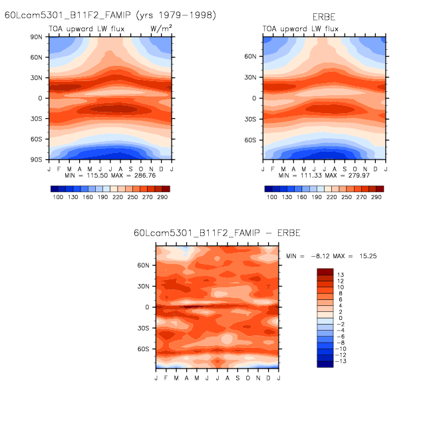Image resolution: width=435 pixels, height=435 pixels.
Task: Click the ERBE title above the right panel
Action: click(324, 15)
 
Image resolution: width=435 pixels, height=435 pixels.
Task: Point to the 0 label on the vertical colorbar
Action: click(340, 318)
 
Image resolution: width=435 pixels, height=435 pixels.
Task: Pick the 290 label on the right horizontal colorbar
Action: click(376, 198)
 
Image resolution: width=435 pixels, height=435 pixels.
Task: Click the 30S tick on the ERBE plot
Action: click(251, 120)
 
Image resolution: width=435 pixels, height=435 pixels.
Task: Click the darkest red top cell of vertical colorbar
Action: click(325, 272)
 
